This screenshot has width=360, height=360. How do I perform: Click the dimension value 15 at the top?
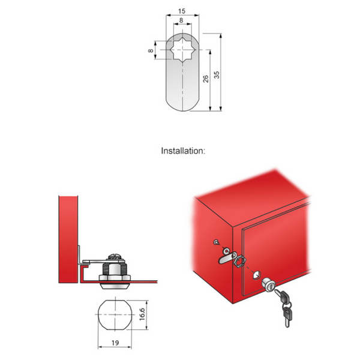click(x=182, y=11)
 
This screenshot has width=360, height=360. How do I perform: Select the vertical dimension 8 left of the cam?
click(x=151, y=51)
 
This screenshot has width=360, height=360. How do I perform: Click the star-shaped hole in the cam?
click(x=182, y=50)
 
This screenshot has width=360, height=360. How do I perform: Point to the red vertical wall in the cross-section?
click(x=68, y=240)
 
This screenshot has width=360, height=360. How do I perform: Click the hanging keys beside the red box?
click(x=284, y=306)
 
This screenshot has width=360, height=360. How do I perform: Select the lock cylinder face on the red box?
click(x=269, y=287)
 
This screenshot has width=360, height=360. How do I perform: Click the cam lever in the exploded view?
click(x=223, y=258)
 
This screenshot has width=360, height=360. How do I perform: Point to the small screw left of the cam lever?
click(x=216, y=242)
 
